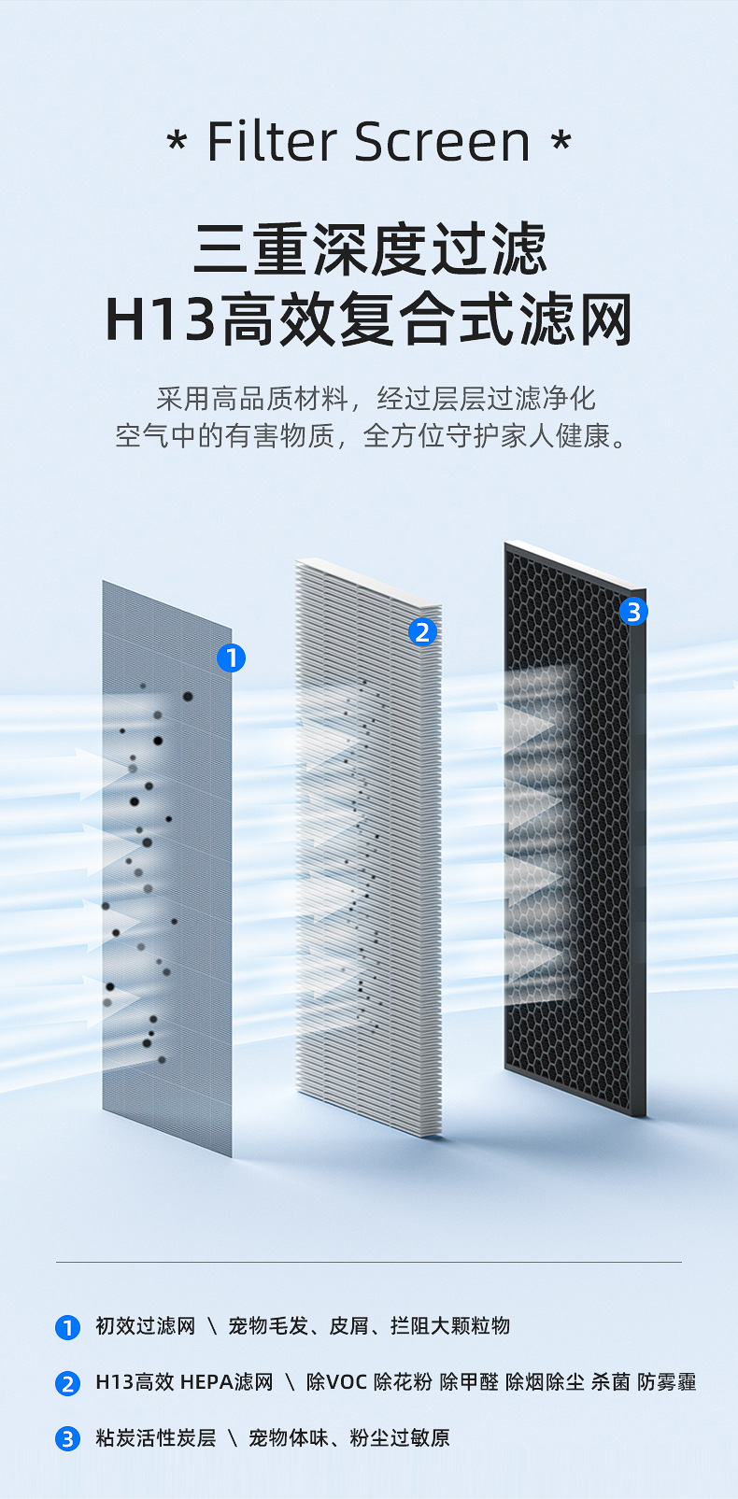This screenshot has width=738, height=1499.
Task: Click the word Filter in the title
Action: click(271, 142)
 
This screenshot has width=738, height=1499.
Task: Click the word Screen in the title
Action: click(443, 142)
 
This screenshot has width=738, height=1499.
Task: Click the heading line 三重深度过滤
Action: click(369, 249)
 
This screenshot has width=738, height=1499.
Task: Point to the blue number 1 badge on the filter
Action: click(231, 658)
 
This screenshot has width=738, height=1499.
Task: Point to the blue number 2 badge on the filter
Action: click(422, 632)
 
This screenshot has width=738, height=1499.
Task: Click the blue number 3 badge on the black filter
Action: click(633, 612)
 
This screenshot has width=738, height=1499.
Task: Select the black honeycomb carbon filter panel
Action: click(575, 841)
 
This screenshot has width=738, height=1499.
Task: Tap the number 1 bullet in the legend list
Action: click(67, 1327)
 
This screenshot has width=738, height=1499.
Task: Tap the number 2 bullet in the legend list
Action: click(67, 1383)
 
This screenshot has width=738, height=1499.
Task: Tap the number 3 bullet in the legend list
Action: click(67, 1439)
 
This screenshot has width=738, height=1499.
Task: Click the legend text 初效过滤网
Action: click(145, 1326)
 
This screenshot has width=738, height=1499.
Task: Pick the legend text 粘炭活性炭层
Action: click(155, 1438)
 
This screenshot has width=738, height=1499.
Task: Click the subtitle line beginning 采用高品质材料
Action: click(376, 399)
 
